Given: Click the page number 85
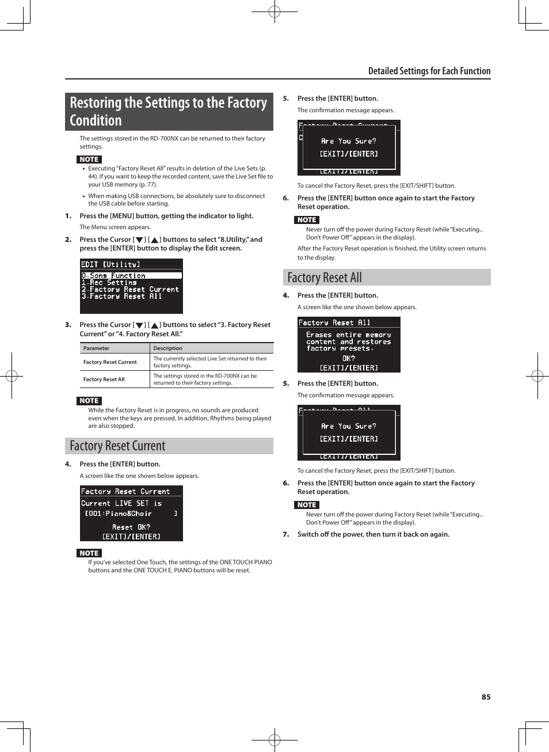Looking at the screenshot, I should tap(486, 697).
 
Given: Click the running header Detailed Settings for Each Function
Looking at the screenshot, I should tap(429, 71).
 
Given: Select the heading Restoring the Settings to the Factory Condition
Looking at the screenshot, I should tap(169, 112).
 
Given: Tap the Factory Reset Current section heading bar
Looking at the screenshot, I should tap(169, 446).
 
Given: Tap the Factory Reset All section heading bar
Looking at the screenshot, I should tap(387, 278).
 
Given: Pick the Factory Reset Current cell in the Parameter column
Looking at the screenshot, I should tap(110, 362).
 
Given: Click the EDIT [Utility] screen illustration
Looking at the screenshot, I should tap(131, 286).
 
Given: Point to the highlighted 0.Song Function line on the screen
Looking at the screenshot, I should tap(131, 276).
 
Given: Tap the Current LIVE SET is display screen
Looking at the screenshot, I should tap(131, 513).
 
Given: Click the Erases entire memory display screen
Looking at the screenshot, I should tap(349, 344).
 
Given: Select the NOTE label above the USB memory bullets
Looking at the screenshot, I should tap(89, 159).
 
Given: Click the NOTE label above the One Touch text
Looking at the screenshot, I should tap(89, 553).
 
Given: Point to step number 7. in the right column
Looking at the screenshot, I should tap(286, 534).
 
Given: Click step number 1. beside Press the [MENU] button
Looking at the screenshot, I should tap(68, 216).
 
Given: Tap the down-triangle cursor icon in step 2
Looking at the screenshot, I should tap(139, 240).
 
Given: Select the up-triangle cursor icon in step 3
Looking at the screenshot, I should tap(154, 325).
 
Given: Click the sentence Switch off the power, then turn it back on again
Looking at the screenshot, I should tap(373, 534).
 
